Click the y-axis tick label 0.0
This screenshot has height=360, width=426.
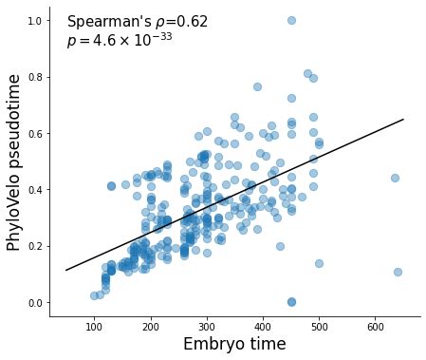click(36, 303)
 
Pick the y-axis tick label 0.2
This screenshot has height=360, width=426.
click(36, 246)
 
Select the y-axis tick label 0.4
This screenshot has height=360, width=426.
click(36, 190)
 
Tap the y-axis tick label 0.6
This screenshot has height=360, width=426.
click(36, 133)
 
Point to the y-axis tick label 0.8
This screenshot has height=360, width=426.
click(36, 77)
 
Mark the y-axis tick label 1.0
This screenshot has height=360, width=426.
click(36, 20)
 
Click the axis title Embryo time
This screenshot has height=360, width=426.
click(234, 346)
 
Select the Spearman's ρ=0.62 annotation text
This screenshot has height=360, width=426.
click(138, 22)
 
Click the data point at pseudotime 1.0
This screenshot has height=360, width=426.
click(291, 20)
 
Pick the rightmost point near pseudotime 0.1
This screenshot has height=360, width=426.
click(398, 272)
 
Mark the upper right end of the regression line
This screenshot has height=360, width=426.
click(403, 120)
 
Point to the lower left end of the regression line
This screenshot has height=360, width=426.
click(65, 270)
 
